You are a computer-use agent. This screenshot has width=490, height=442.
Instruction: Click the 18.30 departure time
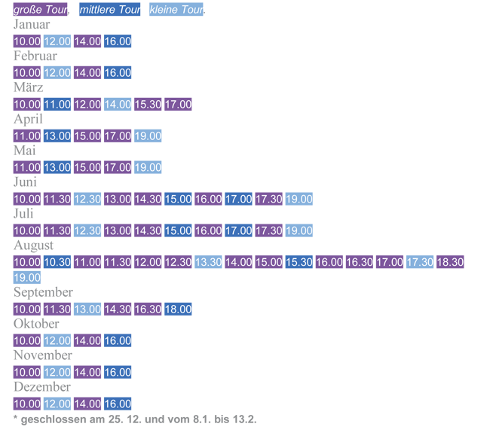click(449, 262)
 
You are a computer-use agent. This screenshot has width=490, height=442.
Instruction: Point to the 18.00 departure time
click(178, 309)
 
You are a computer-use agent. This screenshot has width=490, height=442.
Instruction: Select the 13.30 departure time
click(208, 262)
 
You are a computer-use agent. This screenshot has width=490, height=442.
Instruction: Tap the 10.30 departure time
click(57, 262)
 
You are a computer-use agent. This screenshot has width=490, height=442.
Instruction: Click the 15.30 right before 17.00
click(148, 105)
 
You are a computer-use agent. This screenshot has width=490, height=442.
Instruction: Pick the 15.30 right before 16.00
click(299, 262)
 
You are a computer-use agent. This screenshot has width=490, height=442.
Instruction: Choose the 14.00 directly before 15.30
click(118, 105)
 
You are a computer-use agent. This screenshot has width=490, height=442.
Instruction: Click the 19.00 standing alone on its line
click(27, 278)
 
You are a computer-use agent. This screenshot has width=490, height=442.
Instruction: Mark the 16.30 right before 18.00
click(148, 309)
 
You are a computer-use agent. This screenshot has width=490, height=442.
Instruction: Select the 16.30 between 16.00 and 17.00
click(359, 262)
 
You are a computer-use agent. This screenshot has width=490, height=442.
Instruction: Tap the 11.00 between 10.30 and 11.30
click(87, 262)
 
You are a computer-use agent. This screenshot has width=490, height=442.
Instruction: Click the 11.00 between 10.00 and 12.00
click(57, 105)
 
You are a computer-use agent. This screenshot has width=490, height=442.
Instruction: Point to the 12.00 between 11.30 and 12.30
click(148, 262)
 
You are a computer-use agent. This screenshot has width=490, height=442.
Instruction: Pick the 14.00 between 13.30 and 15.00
click(238, 262)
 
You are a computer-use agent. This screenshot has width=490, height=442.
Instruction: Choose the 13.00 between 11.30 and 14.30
click(87, 309)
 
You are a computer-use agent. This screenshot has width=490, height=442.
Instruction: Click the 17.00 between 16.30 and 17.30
click(389, 262)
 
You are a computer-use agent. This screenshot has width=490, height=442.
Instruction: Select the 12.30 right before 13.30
click(178, 262)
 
